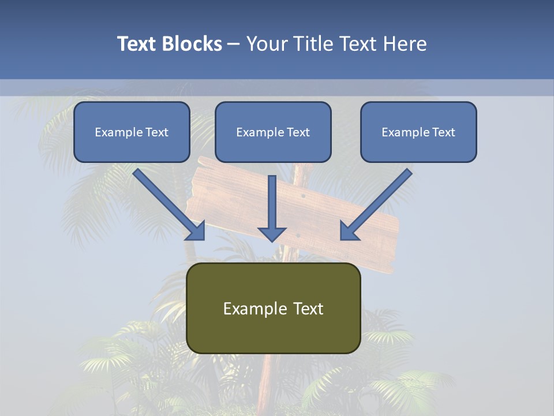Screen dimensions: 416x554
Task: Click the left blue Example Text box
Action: [132, 132]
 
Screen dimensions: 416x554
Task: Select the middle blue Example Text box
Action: [273, 132]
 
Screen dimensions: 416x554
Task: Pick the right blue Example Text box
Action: [418, 132]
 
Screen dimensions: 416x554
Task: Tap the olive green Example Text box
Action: [273, 308]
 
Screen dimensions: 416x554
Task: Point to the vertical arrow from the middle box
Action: [272, 202]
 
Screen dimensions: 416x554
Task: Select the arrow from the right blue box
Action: [378, 202]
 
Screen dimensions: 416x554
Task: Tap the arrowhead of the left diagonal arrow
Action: [196, 231]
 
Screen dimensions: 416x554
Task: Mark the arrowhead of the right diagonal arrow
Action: [349, 231]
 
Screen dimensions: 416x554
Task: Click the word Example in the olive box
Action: [247, 309]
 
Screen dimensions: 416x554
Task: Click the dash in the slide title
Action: [234, 44]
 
